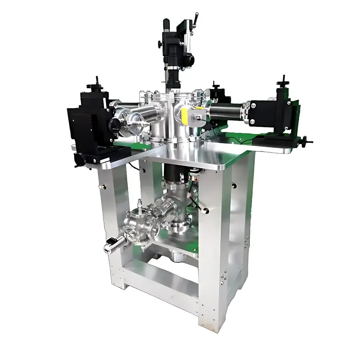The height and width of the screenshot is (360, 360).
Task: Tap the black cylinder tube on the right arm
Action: coord(227,111)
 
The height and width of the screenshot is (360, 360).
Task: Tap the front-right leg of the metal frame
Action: coord(215,252)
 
